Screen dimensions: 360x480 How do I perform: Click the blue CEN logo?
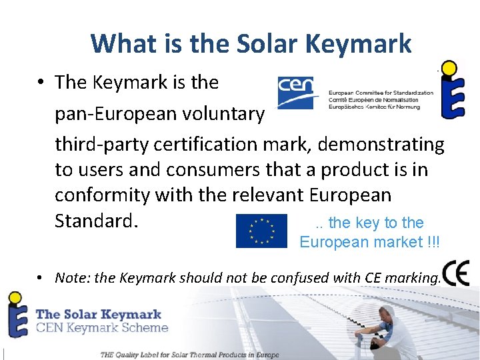click(298, 92)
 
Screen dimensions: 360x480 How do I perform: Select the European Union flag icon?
click(261, 231)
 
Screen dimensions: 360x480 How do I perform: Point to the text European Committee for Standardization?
click(381, 93)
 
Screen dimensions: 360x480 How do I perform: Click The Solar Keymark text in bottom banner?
click(99, 313)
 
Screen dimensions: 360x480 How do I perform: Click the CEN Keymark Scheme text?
click(101, 327)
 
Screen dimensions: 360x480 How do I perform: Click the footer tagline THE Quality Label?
click(189, 355)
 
